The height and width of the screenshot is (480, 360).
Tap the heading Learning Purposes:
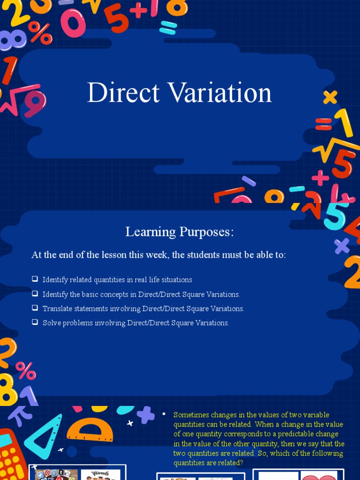pyautogui.click(x=180, y=232)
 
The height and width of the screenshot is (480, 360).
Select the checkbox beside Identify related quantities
pyautogui.click(x=35, y=279)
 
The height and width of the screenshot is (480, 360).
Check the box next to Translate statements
pyautogui.click(x=35, y=308)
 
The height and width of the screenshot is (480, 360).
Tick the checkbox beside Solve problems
pyautogui.click(x=35, y=322)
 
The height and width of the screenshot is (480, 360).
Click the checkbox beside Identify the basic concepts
pyautogui.click(x=35, y=293)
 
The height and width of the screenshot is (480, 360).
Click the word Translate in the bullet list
pyautogui.click(x=59, y=308)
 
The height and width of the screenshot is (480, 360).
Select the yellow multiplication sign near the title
pyautogui.click(x=330, y=97)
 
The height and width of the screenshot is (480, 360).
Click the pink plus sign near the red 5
pyautogui.click(x=320, y=178)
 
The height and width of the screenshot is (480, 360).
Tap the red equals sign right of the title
pyautogui.click(x=323, y=124)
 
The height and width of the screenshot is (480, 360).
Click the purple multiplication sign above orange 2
pyautogui.click(x=342, y=246)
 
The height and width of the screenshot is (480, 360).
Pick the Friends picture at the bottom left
pyautogui.click(x=100, y=474)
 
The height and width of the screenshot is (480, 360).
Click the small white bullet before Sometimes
pyautogui.click(x=164, y=413)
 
